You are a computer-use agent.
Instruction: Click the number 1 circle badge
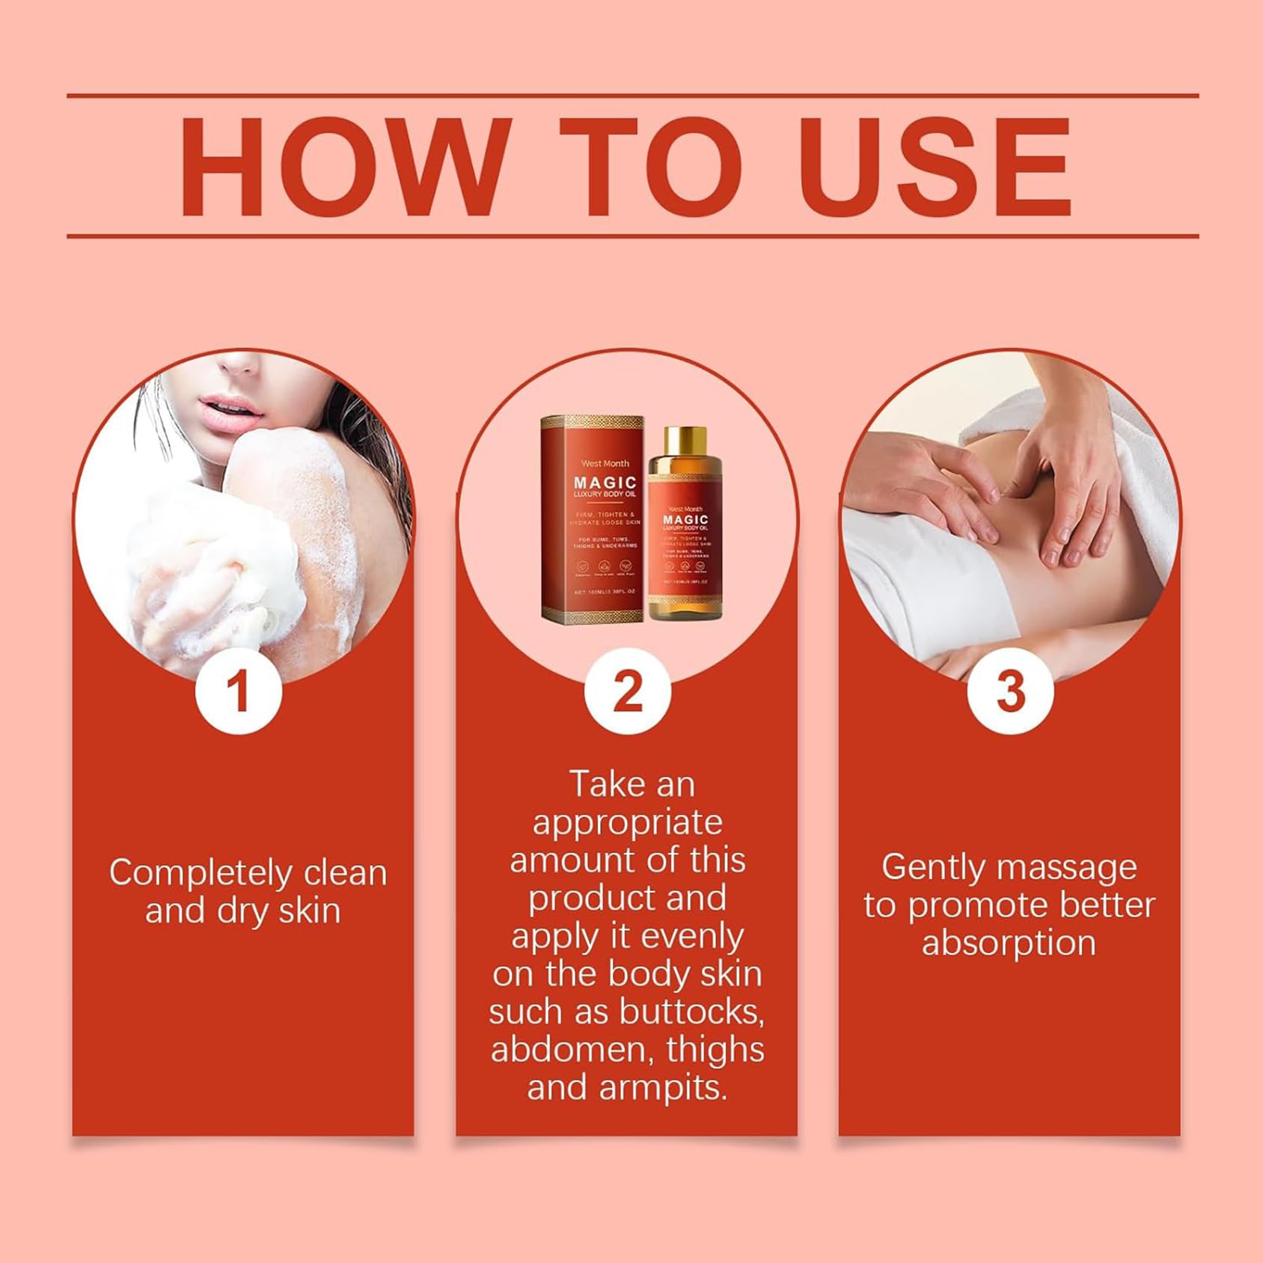[238, 691]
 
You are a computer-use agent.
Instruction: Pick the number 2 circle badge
[627, 691]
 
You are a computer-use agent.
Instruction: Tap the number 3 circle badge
[1010, 691]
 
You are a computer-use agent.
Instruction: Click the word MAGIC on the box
[605, 483]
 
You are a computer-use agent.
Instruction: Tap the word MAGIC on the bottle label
[685, 519]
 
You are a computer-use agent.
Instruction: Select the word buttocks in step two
[692, 1012]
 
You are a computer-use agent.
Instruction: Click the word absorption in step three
[1009, 943]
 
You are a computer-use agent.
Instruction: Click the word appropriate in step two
[627, 822]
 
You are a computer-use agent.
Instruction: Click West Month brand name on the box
[605, 463]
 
